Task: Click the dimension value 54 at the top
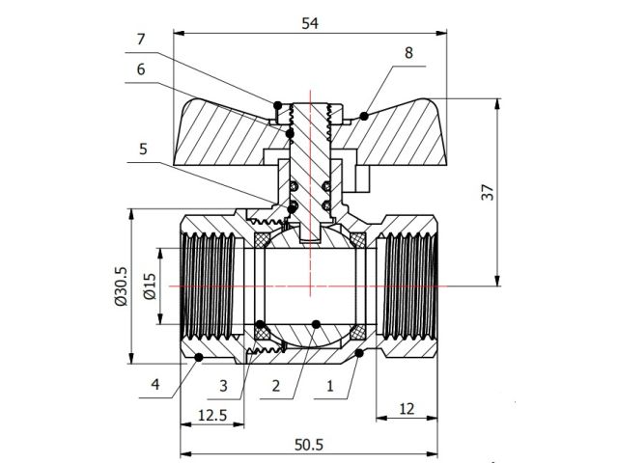pyautogui.click(x=310, y=23)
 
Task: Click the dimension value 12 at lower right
pyautogui.click(x=406, y=408)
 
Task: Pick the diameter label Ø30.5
pyautogui.click(x=120, y=287)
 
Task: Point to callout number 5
pyautogui.click(x=143, y=150)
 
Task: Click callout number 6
pyautogui.click(x=141, y=69)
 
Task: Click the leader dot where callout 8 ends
pyautogui.click(x=363, y=116)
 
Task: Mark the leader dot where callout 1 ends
pyautogui.click(x=359, y=355)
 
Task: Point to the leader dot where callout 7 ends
pyautogui.click(x=278, y=104)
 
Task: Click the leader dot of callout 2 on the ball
pyautogui.click(x=316, y=323)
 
